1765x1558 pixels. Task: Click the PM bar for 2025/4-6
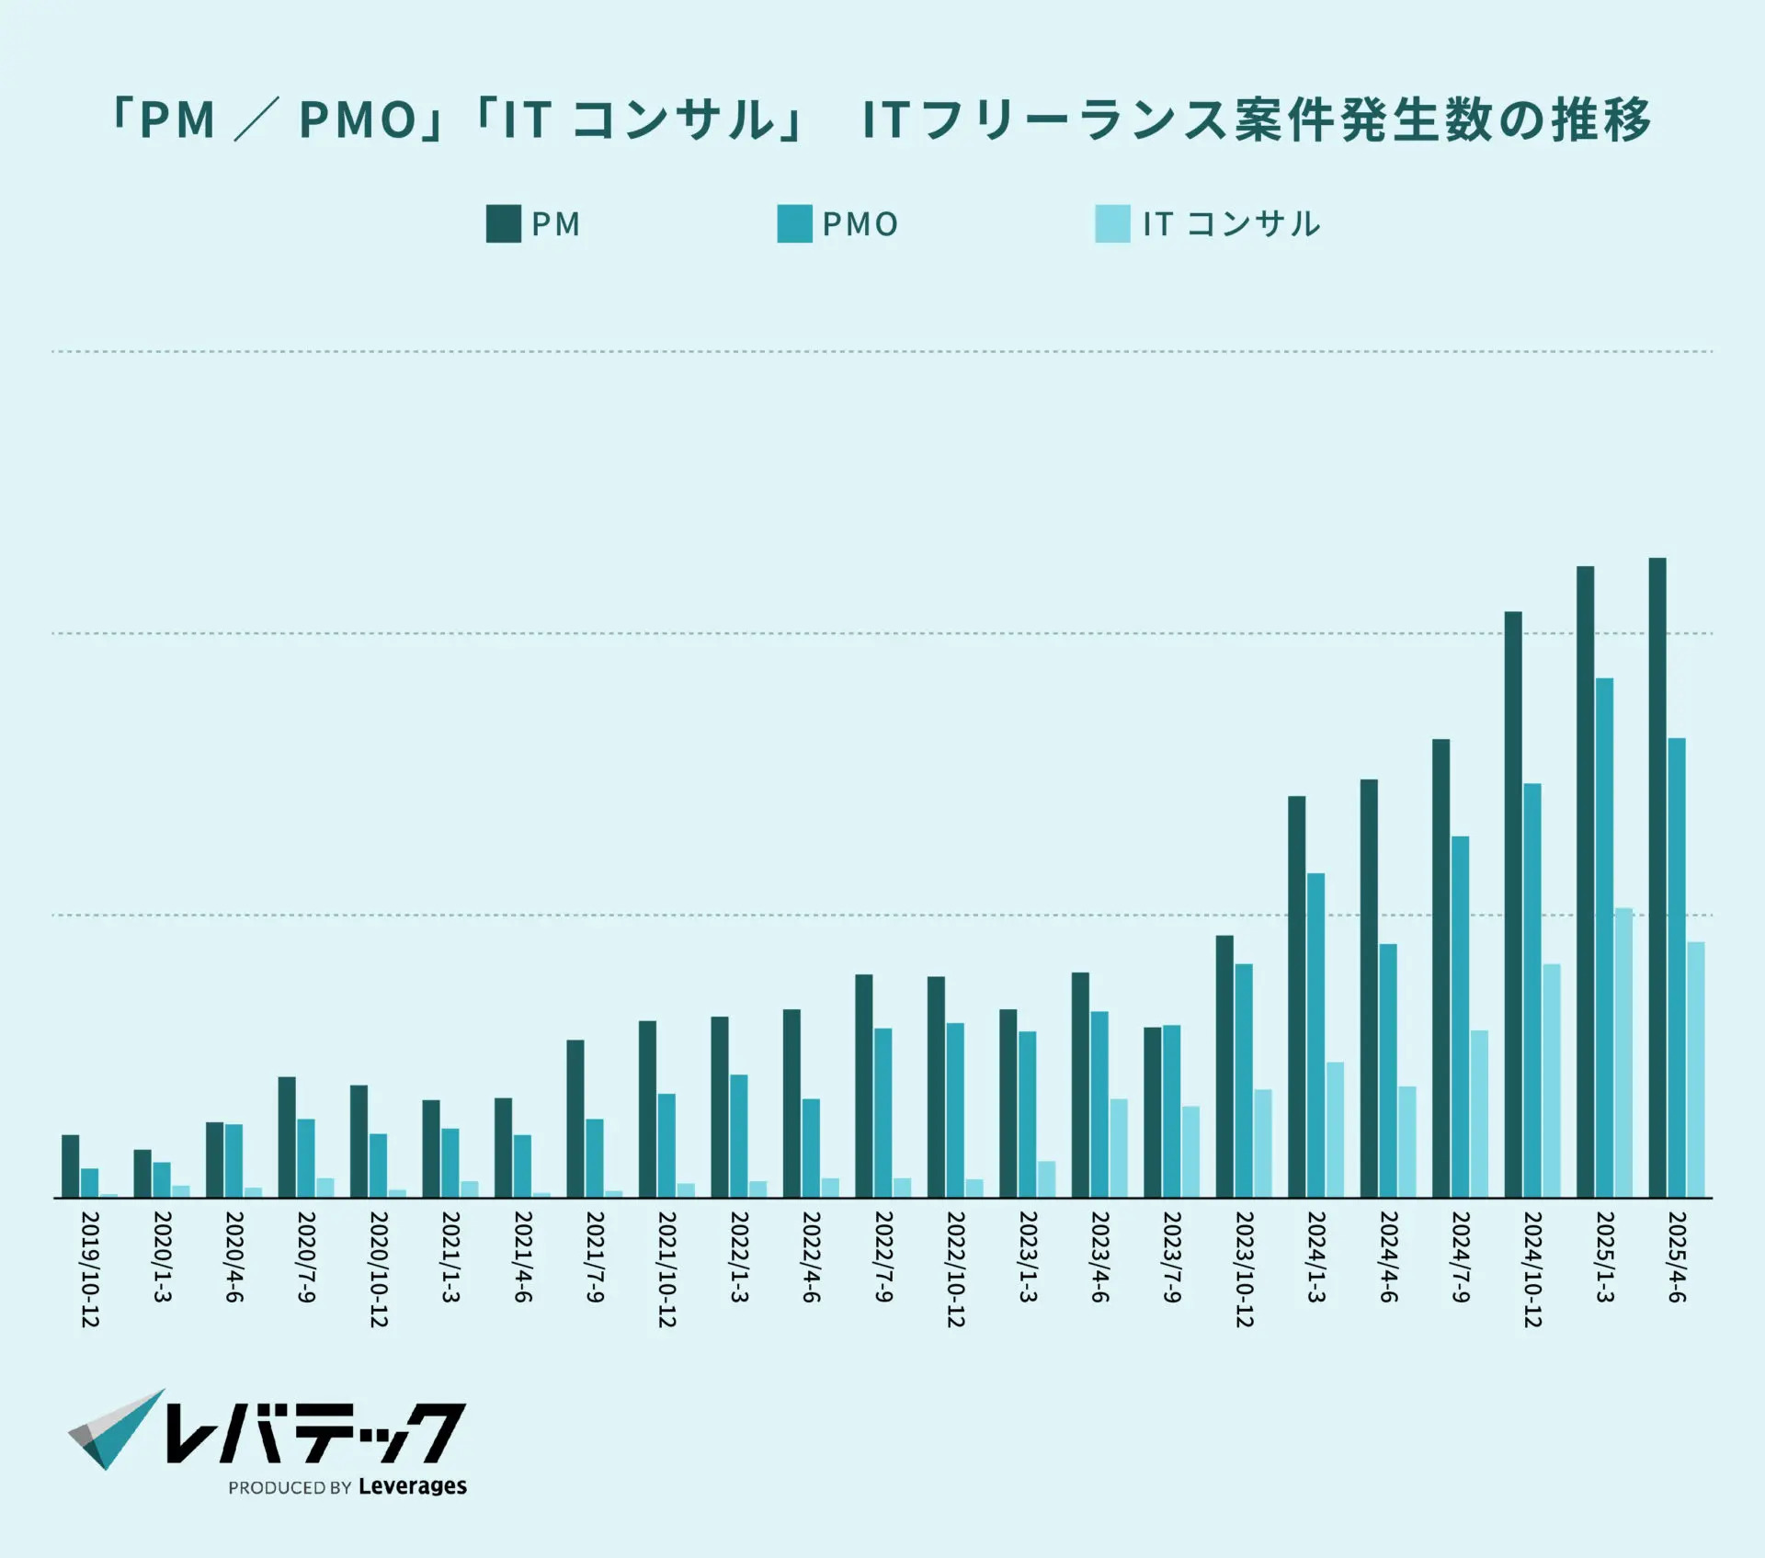[1657, 877]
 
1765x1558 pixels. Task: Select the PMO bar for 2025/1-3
[1604, 938]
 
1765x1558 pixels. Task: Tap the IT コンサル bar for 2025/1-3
[1623, 1052]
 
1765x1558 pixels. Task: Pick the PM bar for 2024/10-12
[1512, 904]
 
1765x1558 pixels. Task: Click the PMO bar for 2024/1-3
[1315, 1035]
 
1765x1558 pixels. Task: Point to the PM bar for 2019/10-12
[70, 1166]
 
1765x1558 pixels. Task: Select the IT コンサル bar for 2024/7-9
[1479, 1113]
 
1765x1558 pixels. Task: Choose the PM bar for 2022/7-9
[863, 1086]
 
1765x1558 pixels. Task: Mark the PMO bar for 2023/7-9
[1171, 1110]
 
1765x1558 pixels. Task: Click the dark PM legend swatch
[503, 224]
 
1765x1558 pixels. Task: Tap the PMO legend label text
[860, 224]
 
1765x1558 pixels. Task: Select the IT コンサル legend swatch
[1111, 224]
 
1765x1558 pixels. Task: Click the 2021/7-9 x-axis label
[595, 1257]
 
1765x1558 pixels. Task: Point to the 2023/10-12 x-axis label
[1244, 1268]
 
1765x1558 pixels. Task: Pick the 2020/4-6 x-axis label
[233, 1257]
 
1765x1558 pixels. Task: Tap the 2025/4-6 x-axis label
[1676, 1257]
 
